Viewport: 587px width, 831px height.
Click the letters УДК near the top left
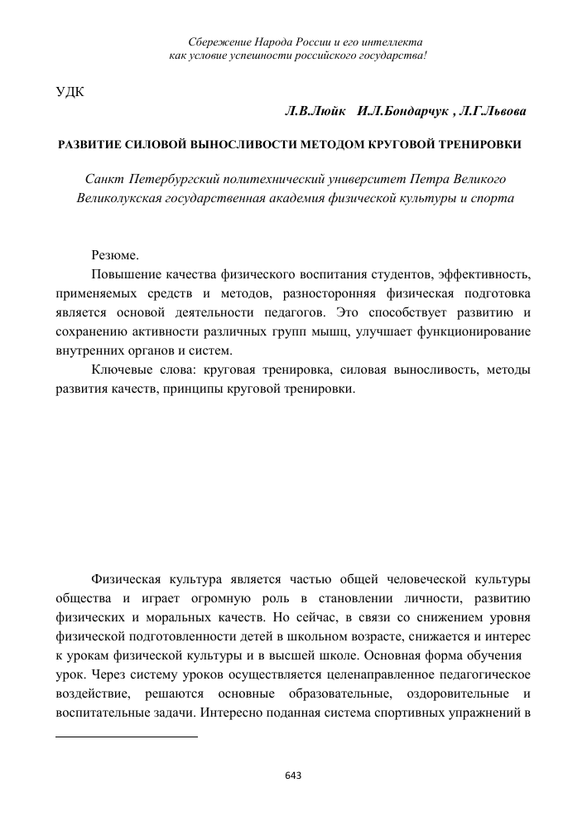click(70, 90)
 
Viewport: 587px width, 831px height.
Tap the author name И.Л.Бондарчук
click(404, 110)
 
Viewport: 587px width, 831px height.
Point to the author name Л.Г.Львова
click(494, 110)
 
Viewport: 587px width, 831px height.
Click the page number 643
click(293, 775)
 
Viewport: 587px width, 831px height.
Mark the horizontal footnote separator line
click(127, 736)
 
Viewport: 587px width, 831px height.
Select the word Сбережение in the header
click(218, 41)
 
